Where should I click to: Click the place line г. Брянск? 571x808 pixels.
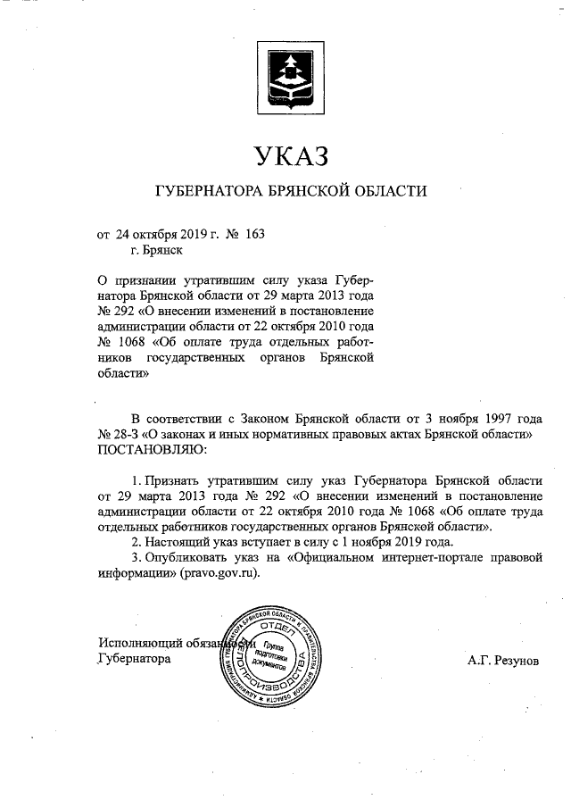tap(155, 251)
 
